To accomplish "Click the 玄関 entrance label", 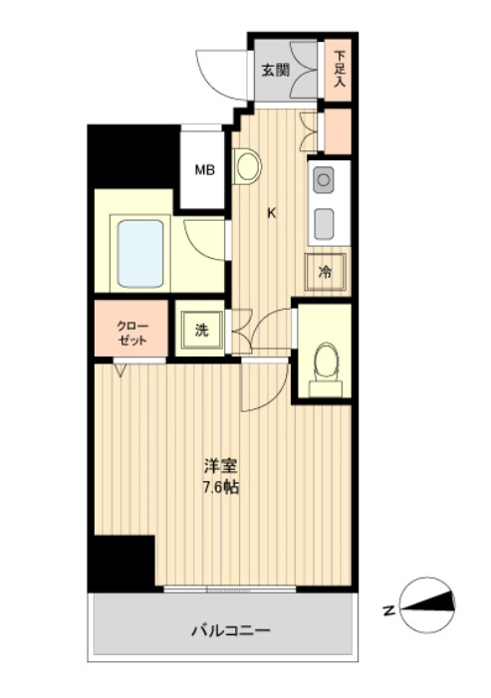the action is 276,70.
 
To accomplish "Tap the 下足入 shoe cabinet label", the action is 340,69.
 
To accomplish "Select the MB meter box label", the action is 205,169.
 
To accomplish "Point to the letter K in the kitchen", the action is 271,213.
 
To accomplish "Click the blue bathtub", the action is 140,254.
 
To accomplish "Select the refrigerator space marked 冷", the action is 326,272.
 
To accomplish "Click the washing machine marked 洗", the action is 201,330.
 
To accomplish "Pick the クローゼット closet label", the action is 131,333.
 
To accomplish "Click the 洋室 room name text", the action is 220,466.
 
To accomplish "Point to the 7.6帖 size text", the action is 221,488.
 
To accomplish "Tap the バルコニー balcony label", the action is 231,630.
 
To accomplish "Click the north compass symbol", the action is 428,605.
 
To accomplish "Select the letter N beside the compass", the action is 390,610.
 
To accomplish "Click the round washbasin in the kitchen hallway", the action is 248,166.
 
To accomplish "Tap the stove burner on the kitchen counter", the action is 323,180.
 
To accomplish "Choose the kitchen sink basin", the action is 324,224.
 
